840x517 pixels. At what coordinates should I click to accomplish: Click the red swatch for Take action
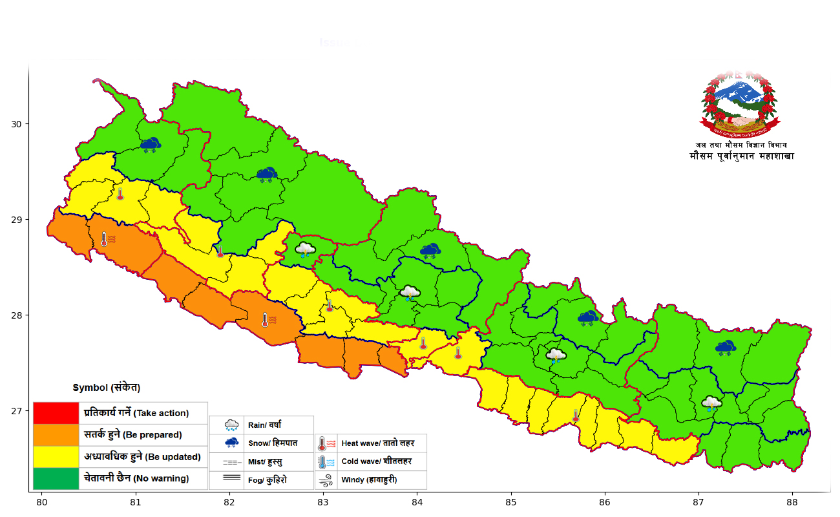pos(56,413)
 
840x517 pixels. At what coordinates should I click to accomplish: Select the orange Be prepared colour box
pos(56,435)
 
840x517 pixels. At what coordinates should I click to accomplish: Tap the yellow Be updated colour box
pos(56,457)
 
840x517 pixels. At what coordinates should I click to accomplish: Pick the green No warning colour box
pos(56,479)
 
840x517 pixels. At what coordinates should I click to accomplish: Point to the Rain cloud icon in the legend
pos(231,425)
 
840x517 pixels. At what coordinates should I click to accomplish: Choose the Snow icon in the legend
pos(231,443)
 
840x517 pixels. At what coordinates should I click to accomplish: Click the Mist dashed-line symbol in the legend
pos(231,462)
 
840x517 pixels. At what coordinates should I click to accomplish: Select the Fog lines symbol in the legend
pos(231,479)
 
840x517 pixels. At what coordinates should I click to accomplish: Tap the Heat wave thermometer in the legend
pos(326,443)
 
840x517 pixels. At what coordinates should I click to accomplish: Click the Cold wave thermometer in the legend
pos(326,461)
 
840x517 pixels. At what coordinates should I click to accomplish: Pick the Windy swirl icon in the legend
pos(326,480)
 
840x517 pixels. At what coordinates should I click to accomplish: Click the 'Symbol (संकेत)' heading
pos(106,388)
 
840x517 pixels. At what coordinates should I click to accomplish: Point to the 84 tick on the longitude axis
pos(417,501)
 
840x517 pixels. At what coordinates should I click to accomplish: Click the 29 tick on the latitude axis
pos(17,220)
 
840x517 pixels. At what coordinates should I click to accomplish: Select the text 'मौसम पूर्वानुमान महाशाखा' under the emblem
pos(742,156)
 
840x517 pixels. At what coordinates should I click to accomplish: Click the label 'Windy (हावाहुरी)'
pos(369,480)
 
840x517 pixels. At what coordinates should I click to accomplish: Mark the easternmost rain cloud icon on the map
pos(711,403)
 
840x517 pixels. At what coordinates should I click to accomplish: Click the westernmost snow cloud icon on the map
pos(151,145)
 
